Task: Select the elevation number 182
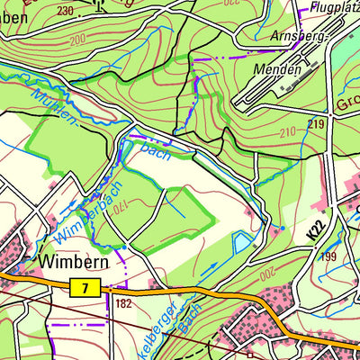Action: point(123,303)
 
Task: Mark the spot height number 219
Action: point(314,123)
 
